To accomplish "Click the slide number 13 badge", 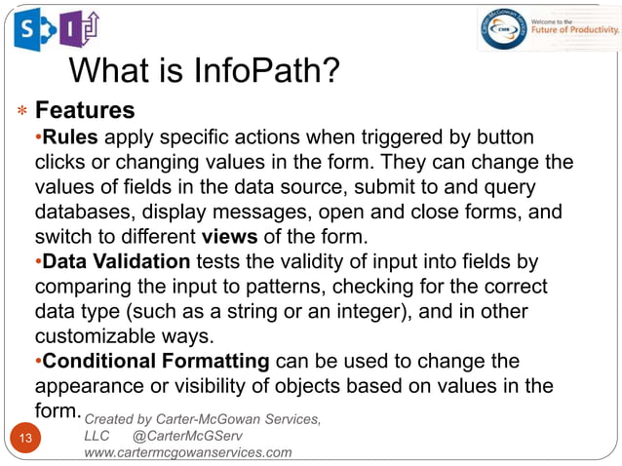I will [x=25, y=438].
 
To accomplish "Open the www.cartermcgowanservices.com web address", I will [x=188, y=453].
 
